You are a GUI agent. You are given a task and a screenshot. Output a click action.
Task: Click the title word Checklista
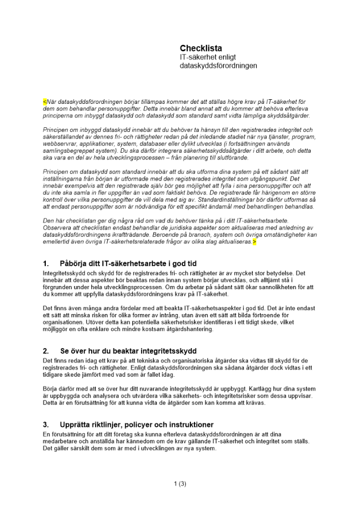pyautogui.click(x=201, y=48)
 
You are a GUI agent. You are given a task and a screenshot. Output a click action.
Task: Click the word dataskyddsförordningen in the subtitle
pyautogui.click(x=215, y=66)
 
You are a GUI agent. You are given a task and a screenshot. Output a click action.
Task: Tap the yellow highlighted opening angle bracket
pyautogui.click(x=45, y=102)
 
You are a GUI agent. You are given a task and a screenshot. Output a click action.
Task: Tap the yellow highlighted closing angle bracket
pyautogui.click(x=254, y=242)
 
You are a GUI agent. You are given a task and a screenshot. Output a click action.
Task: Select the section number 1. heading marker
pyautogui.click(x=46, y=264)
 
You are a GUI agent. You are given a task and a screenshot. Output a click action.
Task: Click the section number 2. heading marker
pyautogui.click(x=46, y=351)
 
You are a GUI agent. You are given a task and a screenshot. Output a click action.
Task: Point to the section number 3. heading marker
pyautogui.click(x=46, y=425)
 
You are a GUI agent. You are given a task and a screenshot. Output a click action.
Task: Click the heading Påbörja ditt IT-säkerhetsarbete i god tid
pyautogui.click(x=127, y=264)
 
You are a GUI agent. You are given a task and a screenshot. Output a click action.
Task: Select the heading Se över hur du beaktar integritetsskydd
pyautogui.click(x=128, y=351)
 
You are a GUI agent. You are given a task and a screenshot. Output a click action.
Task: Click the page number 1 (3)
pyautogui.click(x=180, y=484)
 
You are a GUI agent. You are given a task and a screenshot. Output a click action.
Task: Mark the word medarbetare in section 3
pyautogui.click(x=61, y=441)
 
